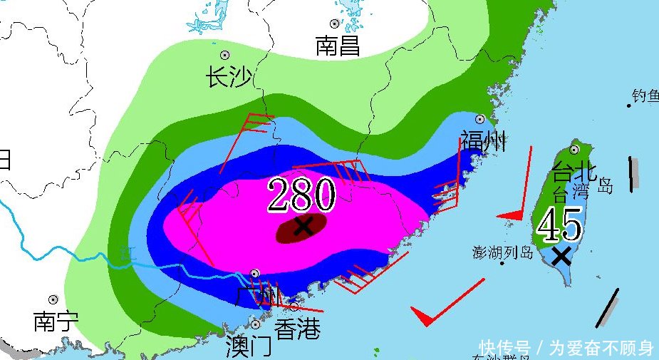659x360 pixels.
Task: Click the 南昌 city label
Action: [x=338, y=46]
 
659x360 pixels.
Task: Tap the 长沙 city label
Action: [x=228, y=77]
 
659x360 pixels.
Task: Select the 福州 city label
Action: [x=483, y=141]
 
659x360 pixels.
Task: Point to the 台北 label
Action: [x=574, y=172]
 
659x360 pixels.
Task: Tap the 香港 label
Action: [x=297, y=329]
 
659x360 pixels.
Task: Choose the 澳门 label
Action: [x=248, y=346]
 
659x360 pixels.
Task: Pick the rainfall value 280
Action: [x=301, y=195]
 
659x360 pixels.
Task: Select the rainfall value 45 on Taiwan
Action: [x=560, y=226]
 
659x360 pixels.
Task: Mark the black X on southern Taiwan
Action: [x=562, y=256]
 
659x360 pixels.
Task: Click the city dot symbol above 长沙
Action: [x=224, y=55]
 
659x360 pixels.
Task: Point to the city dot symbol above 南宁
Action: [x=53, y=300]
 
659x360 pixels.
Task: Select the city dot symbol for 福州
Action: [x=480, y=119]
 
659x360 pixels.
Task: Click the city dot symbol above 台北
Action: [x=574, y=150]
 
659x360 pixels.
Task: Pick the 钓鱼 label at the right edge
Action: [x=645, y=96]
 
